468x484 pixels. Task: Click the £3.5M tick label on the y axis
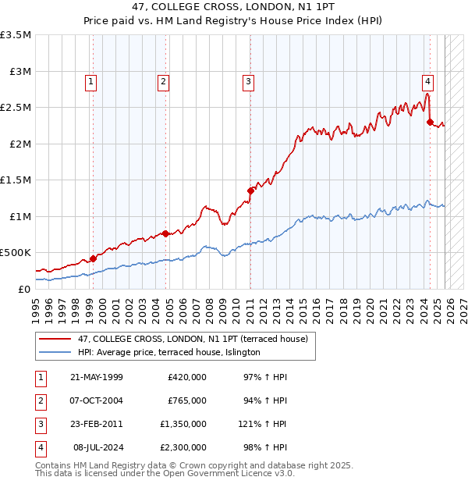[x=16, y=35]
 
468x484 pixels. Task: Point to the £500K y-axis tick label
[x=16, y=252]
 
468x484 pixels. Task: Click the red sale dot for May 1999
[x=93, y=258]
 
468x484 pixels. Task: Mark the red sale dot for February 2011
[x=250, y=190]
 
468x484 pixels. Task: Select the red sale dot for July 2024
[x=430, y=122]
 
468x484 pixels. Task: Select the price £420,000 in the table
[x=187, y=377]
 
